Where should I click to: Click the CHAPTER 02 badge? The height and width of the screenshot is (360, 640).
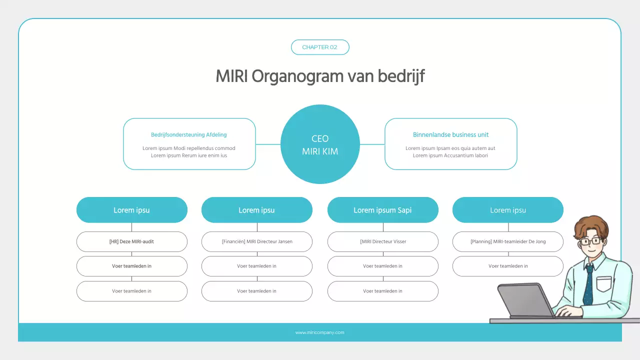point(320,47)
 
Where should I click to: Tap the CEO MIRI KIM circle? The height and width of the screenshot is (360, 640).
point(320,144)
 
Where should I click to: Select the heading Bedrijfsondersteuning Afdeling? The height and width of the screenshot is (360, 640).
point(189,134)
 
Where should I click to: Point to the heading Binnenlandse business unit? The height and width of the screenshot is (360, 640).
point(450,134)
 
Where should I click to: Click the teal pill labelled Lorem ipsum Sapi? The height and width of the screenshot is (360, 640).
point(382,210)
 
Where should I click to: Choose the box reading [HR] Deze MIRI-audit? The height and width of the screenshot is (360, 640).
point(131,241)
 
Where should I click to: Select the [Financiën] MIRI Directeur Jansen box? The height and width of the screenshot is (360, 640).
point(257,241)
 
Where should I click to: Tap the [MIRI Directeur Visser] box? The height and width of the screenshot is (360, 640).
point(383,241)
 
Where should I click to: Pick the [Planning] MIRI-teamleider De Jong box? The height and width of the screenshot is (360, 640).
point(508,241)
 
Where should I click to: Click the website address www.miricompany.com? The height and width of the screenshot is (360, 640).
point(320,332)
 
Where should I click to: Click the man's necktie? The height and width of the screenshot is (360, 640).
point(588,285)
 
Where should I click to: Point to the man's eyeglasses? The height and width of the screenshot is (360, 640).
point(590,241)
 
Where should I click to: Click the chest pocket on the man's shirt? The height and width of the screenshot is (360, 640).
point(604,283)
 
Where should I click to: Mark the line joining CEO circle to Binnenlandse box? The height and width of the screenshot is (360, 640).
point(372,144)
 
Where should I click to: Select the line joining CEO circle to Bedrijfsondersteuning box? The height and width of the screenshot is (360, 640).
point(268,144)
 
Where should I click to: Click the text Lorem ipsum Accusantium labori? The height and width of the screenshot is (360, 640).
point(450,155)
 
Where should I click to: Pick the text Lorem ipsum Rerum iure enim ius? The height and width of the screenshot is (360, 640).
point(189,155)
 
